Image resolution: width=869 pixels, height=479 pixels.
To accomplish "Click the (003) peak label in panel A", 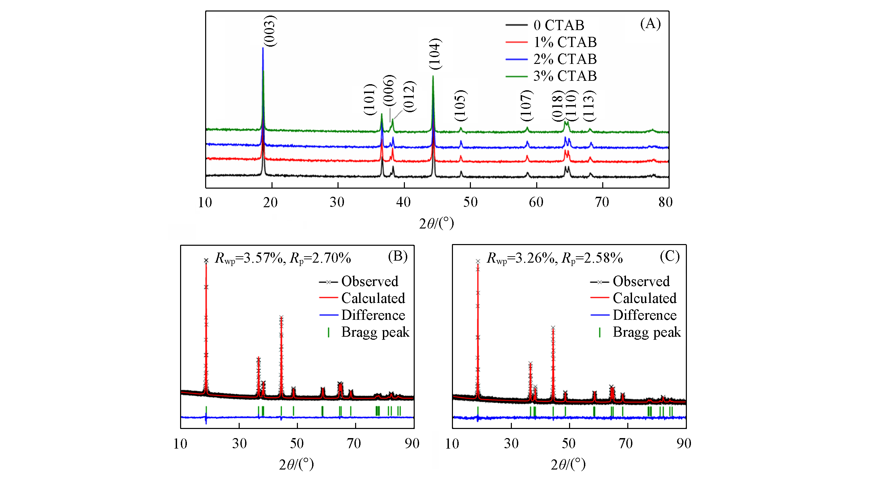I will click(x=270, y=31).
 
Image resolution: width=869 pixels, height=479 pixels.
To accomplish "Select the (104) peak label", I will click(x=435, y=54).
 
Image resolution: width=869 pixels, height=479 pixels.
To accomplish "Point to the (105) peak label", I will click(x=460, y=106).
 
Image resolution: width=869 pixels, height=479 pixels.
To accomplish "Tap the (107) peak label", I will click(x=526, y=106).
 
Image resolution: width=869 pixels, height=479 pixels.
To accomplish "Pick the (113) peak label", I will click(x=589, y=106).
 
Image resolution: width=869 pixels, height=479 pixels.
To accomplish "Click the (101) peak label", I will click(x=370, y=100).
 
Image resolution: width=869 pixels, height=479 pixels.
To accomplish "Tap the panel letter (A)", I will click(x=650, y=24).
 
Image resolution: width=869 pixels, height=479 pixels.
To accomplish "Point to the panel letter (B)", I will click(x=398, y=256).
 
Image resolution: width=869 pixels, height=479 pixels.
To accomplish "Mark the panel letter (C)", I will click(x=670, y=256).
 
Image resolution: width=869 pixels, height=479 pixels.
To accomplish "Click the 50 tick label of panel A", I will click(x=470, y=202).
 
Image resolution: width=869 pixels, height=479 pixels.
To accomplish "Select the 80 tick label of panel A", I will click(x=665, y=202).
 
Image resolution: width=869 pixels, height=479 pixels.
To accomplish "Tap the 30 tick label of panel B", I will click(x=239, y=444).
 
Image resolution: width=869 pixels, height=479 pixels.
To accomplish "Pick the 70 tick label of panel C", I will click(x=626, y=444).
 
